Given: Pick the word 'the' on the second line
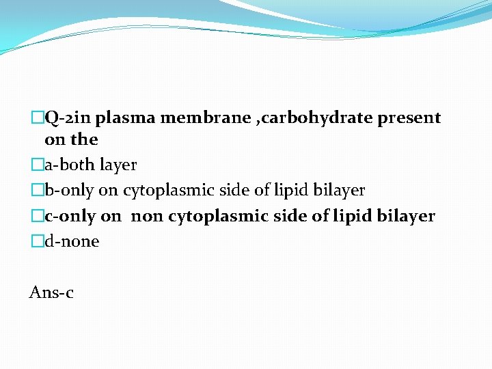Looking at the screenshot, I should [x=85, y=140].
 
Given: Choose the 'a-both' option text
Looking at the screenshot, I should [x=69, y=165].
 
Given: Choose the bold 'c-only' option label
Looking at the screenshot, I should [x=70, y=216].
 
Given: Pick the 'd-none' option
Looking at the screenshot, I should [x=72, y=241].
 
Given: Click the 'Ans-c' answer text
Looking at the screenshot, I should [x=51, y=293].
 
